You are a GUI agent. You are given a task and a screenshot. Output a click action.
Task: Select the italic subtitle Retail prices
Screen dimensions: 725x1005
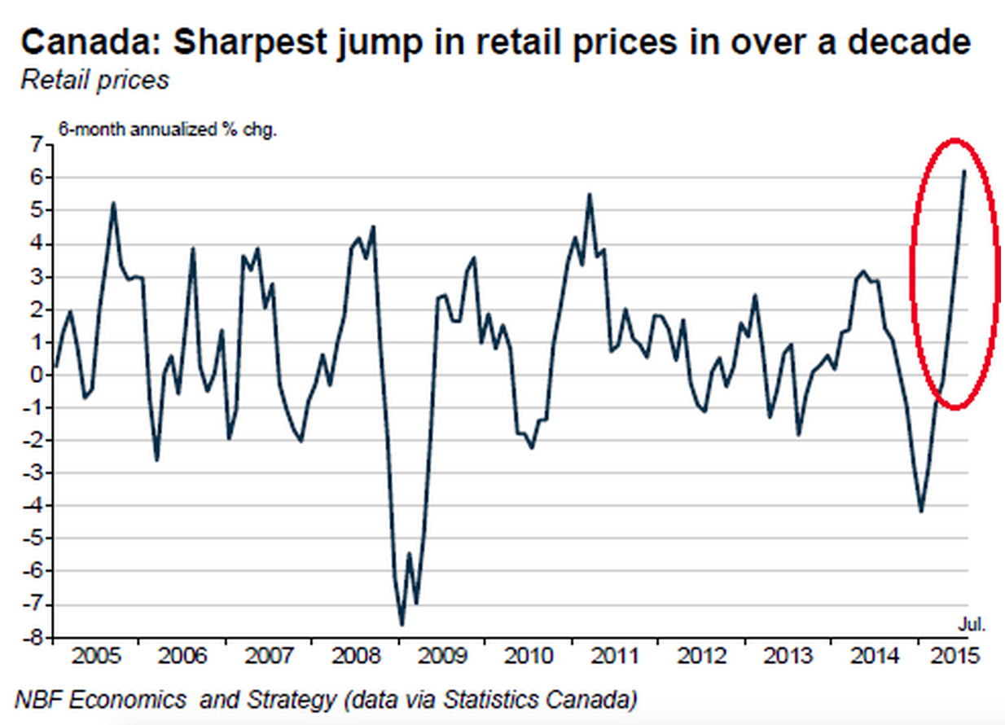click(95, 80)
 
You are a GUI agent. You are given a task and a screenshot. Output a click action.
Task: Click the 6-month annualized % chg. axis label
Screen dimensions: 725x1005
click(166, 128)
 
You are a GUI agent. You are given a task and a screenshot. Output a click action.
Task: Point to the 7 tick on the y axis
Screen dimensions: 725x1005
click(35, 145)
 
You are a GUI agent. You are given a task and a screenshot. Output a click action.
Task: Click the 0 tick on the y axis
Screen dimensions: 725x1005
click(35, 376)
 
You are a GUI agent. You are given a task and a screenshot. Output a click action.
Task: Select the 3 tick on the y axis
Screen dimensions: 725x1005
click(35, 277)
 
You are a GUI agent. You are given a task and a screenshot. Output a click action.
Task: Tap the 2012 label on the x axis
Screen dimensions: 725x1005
click(701, 657)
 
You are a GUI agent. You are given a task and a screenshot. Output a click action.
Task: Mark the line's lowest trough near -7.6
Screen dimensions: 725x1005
click(402, 625)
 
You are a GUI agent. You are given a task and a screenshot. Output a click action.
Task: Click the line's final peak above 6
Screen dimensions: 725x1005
click(964, 171)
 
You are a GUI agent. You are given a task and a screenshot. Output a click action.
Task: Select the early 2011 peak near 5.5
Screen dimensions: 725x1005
click(589, 194)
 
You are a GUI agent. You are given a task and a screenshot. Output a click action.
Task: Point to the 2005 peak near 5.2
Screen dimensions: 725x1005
click(113, 203)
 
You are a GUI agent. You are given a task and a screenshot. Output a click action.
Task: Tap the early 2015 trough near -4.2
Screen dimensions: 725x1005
click(921, 512)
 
